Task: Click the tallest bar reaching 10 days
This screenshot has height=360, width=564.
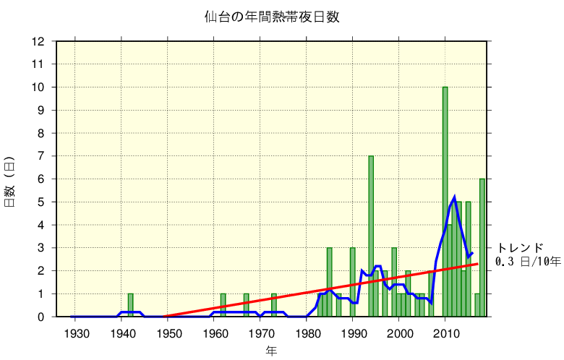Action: tap(445, 202)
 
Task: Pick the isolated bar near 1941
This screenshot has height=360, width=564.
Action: tap(130, 305)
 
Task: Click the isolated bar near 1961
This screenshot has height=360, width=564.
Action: tap(223, 305)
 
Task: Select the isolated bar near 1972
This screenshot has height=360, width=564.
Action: tap(274, 305)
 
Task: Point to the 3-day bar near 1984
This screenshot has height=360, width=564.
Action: tap(329, 282)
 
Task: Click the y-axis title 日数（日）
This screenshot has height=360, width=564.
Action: tap(10, 181)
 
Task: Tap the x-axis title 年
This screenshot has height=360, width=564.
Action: tap(271, 351)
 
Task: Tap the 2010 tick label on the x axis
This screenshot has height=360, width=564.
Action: tap(445, 333)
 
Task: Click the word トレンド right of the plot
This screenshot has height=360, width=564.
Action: tap(520, 248)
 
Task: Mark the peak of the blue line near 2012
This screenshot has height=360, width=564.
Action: tap(454, 197)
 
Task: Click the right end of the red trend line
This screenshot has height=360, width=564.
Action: tap(477, 264)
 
